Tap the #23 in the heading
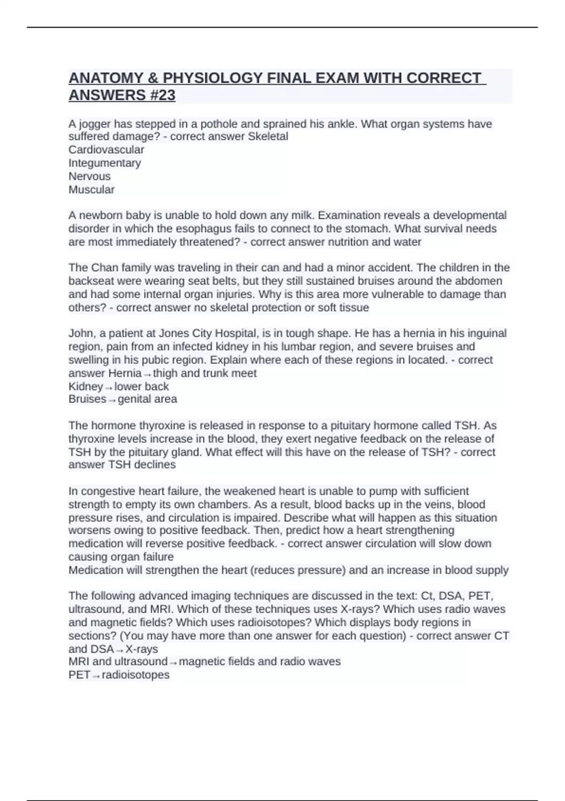161,95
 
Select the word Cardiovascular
106,150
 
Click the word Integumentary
105,163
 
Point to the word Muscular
91,189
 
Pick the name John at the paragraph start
81,333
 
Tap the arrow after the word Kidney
109,388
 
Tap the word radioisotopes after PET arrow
136,675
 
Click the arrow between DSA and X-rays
120,650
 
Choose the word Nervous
89,176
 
